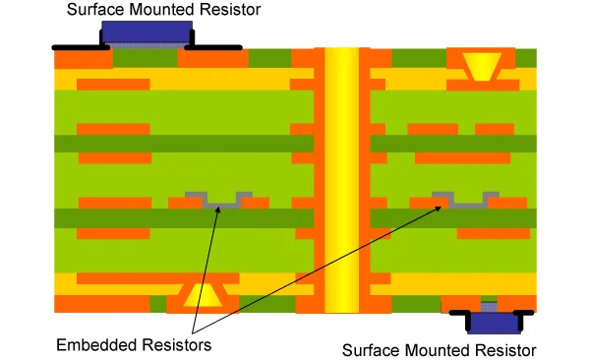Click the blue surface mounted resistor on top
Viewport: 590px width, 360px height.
145,32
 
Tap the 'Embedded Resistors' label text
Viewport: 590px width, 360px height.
133,345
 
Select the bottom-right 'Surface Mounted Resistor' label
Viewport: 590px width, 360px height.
439,350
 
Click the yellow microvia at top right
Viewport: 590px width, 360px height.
481,66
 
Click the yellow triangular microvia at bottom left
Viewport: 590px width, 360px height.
203,294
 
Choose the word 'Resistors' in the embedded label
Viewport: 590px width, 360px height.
173,345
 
